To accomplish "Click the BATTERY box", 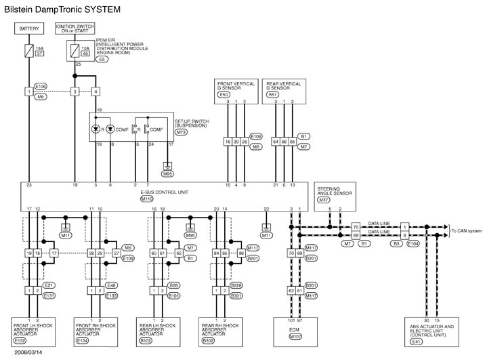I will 29,29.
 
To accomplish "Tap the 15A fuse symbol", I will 29,51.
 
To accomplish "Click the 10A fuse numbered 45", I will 74,51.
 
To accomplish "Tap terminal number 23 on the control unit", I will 29,184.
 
